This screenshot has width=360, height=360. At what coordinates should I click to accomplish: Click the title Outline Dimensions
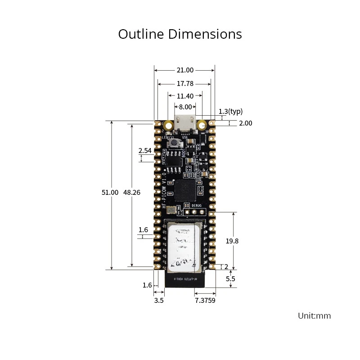click(x=180, y=34)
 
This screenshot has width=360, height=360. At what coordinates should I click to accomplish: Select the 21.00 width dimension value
click(x=184, y=70)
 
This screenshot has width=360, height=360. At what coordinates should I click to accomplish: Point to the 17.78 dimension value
click(x=185, y=84)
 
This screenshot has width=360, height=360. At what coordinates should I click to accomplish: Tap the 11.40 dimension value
click(x=185, y=96)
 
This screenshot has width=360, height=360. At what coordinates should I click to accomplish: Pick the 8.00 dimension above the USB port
click(x=185, y=107)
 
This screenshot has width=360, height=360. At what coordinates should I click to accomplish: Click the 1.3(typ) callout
click(x=230, y=112)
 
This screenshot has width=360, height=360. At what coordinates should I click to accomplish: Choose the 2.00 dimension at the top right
click(x=245, y=123)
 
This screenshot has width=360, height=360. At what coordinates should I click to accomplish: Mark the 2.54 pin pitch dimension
click(x=145, y=151)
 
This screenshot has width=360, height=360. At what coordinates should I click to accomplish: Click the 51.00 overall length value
click(x=110, y=192)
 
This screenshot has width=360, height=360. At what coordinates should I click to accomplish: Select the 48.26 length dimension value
click(x=132, y=192)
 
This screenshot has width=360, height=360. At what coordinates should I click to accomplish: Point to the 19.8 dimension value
click(x=232, y=241)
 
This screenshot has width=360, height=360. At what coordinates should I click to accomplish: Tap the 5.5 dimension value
click(x=230, y=279)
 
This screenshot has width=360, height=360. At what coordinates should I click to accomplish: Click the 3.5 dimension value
click(x=159, y=300)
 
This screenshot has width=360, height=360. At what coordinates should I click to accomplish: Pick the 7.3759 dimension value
click(x=204, y=300)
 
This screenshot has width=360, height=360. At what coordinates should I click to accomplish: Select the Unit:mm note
click(x=314, y=316)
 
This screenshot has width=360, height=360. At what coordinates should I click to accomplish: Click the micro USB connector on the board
click(x=185, y=123)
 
